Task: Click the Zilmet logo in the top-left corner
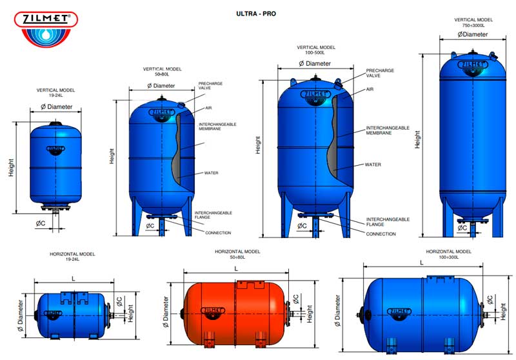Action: coord(46,29)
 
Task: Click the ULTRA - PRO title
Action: coord(256,14)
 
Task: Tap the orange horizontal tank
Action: coord(234,314)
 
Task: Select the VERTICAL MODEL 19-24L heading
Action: coord(55,92)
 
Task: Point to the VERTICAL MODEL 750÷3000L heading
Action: coord(473,23)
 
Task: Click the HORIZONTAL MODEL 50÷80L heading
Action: coord(237,254)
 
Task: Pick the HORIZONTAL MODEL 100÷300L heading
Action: coord(448,254)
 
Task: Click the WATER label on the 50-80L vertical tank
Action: coord(211,173)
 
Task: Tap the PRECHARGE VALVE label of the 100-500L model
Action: coord(380,73)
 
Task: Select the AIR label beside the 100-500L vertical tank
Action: coord(370,89)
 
